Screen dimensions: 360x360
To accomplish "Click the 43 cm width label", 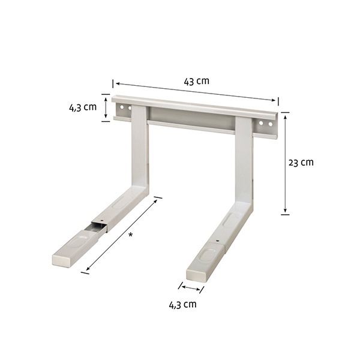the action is (x=197, y=81).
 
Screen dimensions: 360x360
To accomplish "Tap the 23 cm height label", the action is (x=301, y=163).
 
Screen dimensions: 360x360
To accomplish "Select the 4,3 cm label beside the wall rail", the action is (x=83, y=107).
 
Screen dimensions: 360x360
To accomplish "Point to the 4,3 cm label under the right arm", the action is (x=183, y=305).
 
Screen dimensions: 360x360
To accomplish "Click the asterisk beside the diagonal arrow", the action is (x=131, y=235).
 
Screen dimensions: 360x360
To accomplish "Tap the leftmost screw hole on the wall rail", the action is (x=122, y=107).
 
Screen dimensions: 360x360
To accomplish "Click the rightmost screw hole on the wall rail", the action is (x=271, y=124).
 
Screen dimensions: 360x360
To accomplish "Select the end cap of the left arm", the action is (x=61, y=261).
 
